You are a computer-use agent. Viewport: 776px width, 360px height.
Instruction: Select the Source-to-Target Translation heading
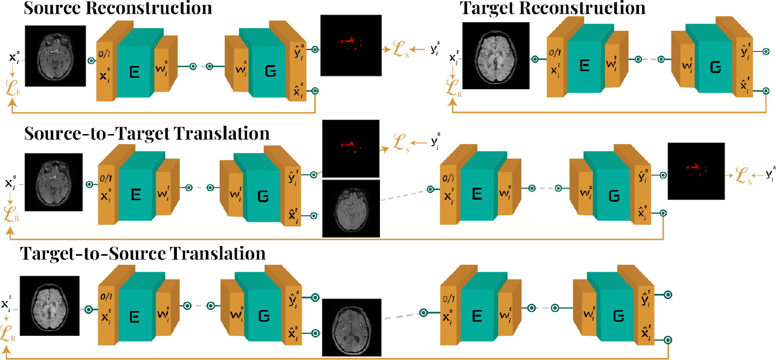(x=147, y=134)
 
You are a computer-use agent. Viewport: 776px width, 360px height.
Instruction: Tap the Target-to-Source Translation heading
(x=143, y=254)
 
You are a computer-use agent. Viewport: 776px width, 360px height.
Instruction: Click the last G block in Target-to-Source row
(x=618, y=316)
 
